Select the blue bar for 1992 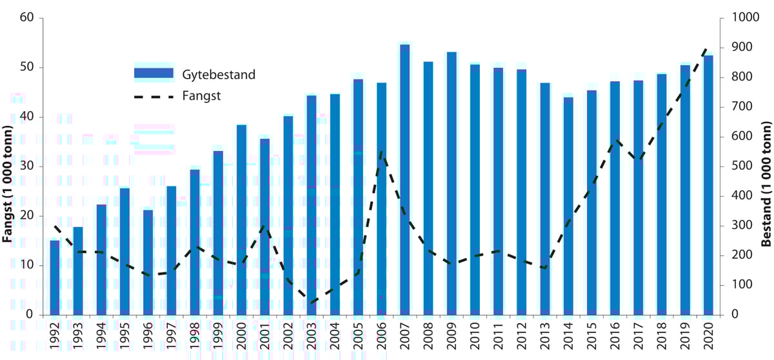click(55, 277)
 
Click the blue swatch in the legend click(154, 74)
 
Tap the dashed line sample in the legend click(154, 96)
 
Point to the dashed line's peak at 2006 click(381, 153)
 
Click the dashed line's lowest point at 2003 click(312, 303)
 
